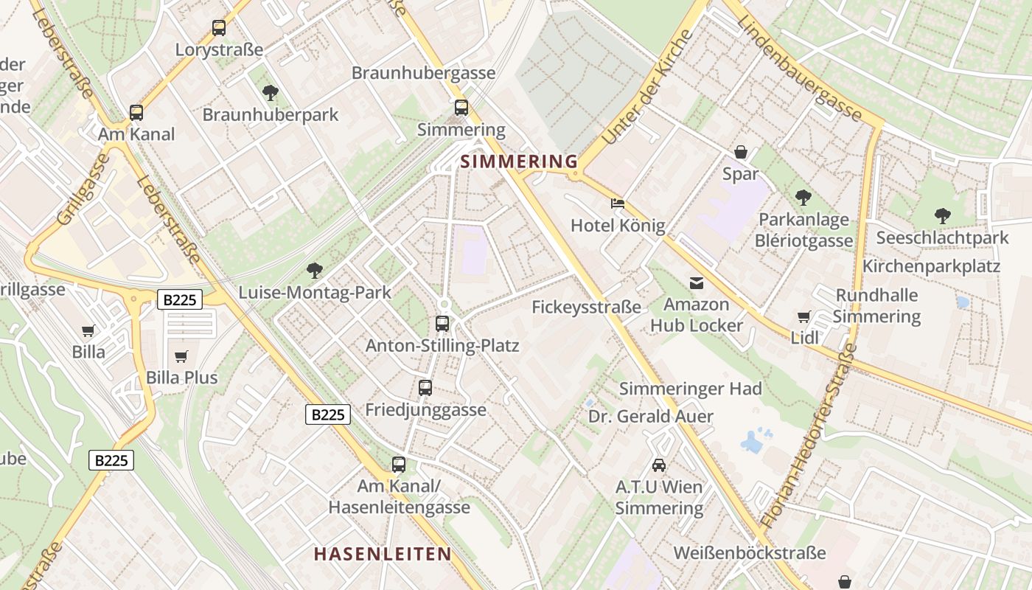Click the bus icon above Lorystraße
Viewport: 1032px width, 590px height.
coord(219,28)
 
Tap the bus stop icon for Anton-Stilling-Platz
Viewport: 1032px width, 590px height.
coord(442,323)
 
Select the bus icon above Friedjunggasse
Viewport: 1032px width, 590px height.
coord(425,388)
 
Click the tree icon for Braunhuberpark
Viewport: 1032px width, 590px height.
coord(271,93)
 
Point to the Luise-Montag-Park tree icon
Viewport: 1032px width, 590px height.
coord(315,271)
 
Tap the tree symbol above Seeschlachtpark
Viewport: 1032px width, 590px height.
coord(942,216)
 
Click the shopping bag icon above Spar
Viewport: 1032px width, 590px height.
coord(741,152)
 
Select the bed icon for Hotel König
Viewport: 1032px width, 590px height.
coord(618,204)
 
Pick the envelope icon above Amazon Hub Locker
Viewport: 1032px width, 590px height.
coord(696,282)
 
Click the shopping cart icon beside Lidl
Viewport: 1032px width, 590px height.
coord(803,316)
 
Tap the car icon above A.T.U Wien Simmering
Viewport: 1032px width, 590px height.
coord(659,465)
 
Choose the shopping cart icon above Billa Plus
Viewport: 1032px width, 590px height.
coord(181,356)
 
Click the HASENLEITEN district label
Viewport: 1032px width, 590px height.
coord(383,554)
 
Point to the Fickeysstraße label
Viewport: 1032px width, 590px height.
coord(587,307)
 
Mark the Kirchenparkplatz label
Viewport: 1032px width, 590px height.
coord(931,266)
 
